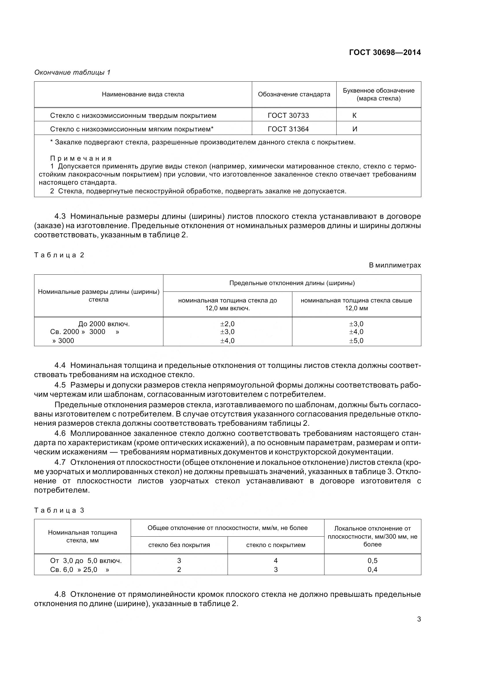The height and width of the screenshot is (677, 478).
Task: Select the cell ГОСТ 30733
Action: tap(288, 115)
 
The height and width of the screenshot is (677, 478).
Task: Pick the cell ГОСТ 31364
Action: tap(288, 129)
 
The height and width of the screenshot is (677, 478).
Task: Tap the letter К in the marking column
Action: tap(354, 115)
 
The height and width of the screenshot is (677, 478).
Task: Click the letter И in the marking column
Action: tap(355, 129)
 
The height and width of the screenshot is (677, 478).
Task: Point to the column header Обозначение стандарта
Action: tap(294, 95)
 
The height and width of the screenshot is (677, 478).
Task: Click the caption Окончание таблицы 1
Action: tap(72, 73)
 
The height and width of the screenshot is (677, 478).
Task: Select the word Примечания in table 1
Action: tap(81, 159)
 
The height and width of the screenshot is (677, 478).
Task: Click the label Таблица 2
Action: tap(59, 255)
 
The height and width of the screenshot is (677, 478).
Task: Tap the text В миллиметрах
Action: tap(395, 265)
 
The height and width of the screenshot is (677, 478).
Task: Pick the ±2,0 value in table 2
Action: tap(227, 324)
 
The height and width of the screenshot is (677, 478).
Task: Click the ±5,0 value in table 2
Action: tap(356, 341)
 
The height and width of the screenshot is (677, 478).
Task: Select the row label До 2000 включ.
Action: tap(104, 324)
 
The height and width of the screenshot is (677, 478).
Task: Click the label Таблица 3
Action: tap(59, 510)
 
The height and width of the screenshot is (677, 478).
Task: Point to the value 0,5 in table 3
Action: tap(372, 561)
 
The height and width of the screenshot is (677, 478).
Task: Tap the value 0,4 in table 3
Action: tap(372, 570)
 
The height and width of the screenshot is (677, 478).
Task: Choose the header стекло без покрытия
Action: tap(179, 545)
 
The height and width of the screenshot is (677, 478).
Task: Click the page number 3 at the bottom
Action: tap(419, 619)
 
